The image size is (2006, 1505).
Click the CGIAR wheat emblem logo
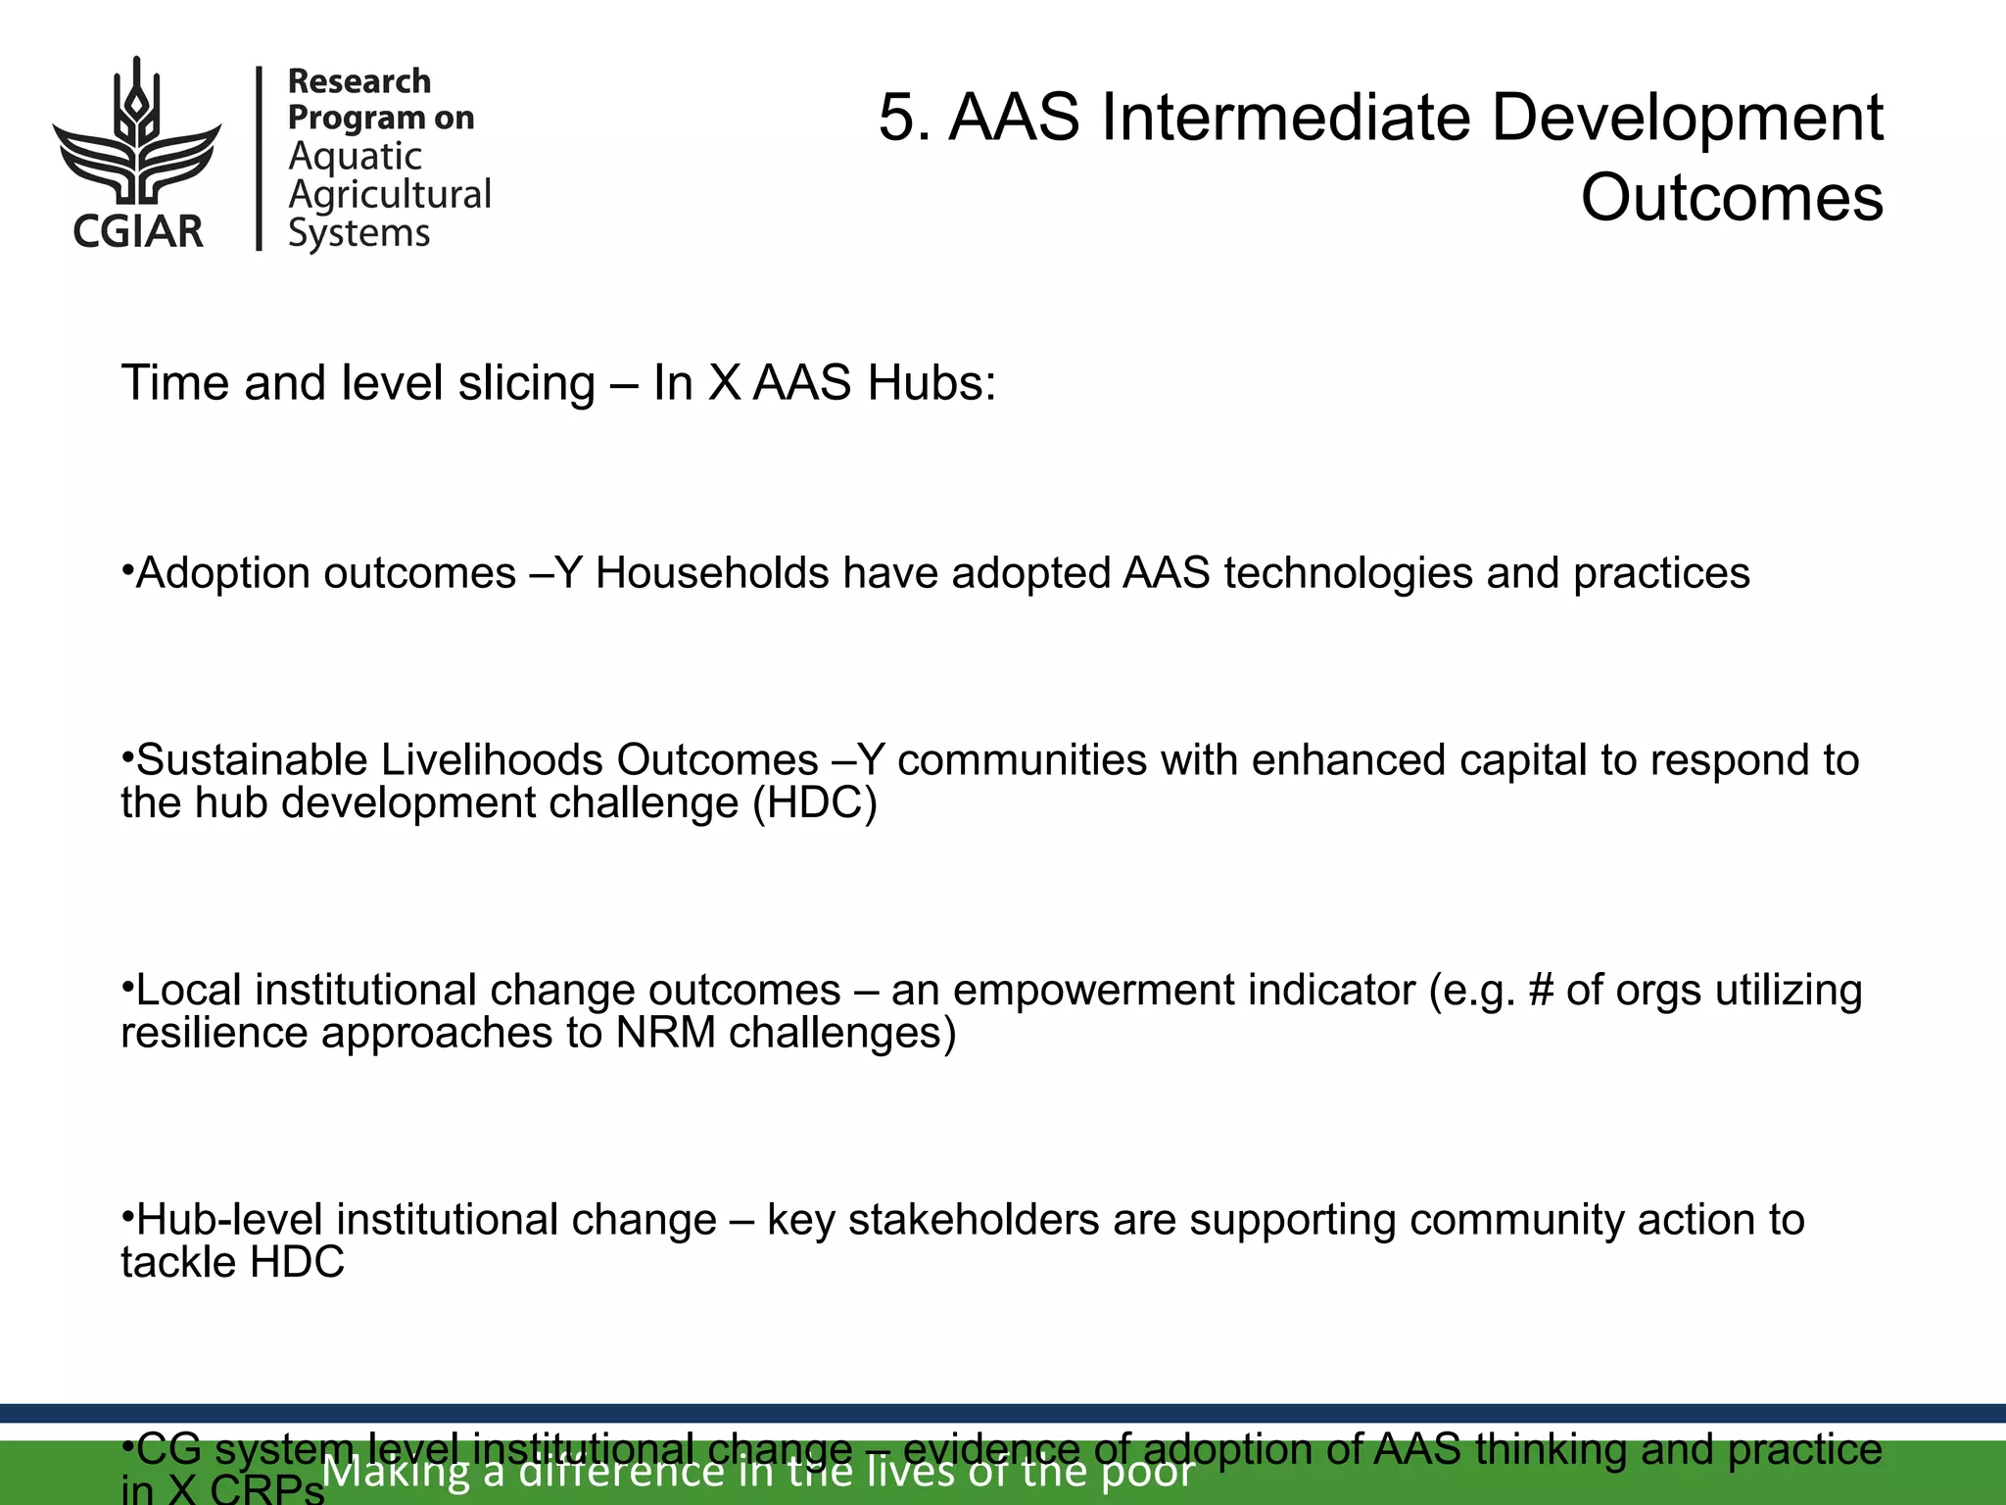point(137,132)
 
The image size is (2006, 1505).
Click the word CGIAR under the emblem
point(138,231)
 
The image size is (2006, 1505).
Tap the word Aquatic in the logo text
point(355,156)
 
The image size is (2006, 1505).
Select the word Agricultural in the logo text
point(390,194)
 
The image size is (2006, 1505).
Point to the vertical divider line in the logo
point(260,158)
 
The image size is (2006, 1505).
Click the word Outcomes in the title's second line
point(1731,197)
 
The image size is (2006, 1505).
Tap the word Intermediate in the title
point(1284,118)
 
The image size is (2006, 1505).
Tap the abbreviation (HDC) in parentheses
point(814,803)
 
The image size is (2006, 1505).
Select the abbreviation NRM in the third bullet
point(665,1033)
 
